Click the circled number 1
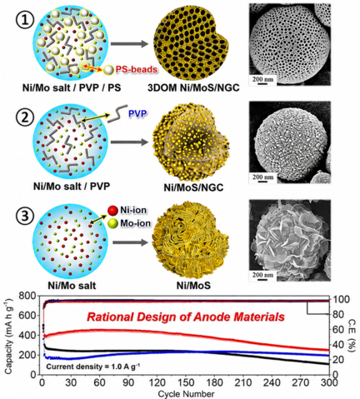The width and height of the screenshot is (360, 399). (x=25, y=21)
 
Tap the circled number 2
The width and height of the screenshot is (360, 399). (x=25, y=117)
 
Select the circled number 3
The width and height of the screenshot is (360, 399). (x=25, y=216)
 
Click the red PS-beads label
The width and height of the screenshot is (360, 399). (x=137, y=69)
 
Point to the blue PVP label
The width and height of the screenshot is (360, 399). (x=137, y=113)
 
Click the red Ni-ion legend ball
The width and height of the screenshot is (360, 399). (x=112, y=211)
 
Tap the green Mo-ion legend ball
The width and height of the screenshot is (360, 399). (x=112, y=223)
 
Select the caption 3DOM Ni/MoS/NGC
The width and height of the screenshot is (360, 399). (x=193, y=88)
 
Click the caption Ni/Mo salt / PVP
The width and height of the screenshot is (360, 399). (x=72, y=186)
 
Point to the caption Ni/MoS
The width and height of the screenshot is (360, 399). (x=193, y=285)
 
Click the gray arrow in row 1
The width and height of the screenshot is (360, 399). (x=129, y=43)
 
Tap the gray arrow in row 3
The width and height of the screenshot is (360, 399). (x=130, y=242)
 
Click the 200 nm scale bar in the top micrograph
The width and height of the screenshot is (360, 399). (x=262, y=80)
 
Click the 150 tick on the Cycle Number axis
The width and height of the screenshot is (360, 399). (x=186, y=382)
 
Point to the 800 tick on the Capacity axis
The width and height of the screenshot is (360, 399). (x=29, y=297)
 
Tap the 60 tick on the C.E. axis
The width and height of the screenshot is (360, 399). (x=337, y=330)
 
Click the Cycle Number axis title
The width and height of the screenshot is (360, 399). (x=186, y=394)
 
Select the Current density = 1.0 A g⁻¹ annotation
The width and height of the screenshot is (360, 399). (x=92, y=367)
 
